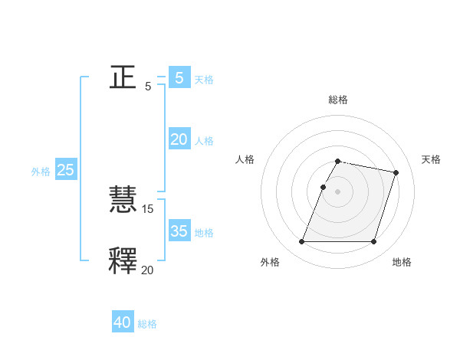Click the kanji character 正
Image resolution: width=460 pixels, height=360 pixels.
pyautogui.click(x=123, y=77)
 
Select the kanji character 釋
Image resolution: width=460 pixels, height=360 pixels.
pyautogui.click(x=123, y=260)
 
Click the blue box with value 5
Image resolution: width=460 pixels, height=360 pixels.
pyautogui.click(x=179, y=77)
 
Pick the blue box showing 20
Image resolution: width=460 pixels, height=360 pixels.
pyautogui.click(x=179, y=139)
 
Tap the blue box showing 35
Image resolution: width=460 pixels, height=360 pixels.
pyautogui.click(x=179, y=231)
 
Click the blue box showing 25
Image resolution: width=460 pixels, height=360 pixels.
pyautogui.click(x=66, y=170)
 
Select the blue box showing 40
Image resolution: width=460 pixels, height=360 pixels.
pyautogui.click(x=123, y=322)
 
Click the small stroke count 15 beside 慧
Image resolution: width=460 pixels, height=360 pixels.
pyautogui.click(x=148, y=209)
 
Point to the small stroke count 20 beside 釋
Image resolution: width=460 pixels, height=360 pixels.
pyautogui.click(x=148, y=269)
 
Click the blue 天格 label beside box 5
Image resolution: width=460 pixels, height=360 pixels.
pyautogui.click(x=204, y=79)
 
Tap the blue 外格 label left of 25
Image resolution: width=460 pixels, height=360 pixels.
pyautogui.click(x=41, y=172)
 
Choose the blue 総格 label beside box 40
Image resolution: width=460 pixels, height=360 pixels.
pyautogui.click(x=147, y=324)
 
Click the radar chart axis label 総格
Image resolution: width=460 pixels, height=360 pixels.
pyautogui.click(x=338, y=100)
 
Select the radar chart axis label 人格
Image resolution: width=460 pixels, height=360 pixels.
pyautogui.click(x=245, y=159)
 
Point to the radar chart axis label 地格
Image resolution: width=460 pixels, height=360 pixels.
pyautogui.click(x=402, y=263)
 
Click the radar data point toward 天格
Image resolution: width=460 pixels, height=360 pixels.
pyautogui.click(x=396, y=172)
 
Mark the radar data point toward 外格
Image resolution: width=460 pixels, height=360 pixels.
pyautogui.click(x=302, y=242)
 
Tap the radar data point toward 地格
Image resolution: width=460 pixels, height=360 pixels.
pyautogui.click(x=373, y=242)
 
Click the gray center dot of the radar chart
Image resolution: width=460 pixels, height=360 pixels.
pyautogui.click(x=338, y=191)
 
